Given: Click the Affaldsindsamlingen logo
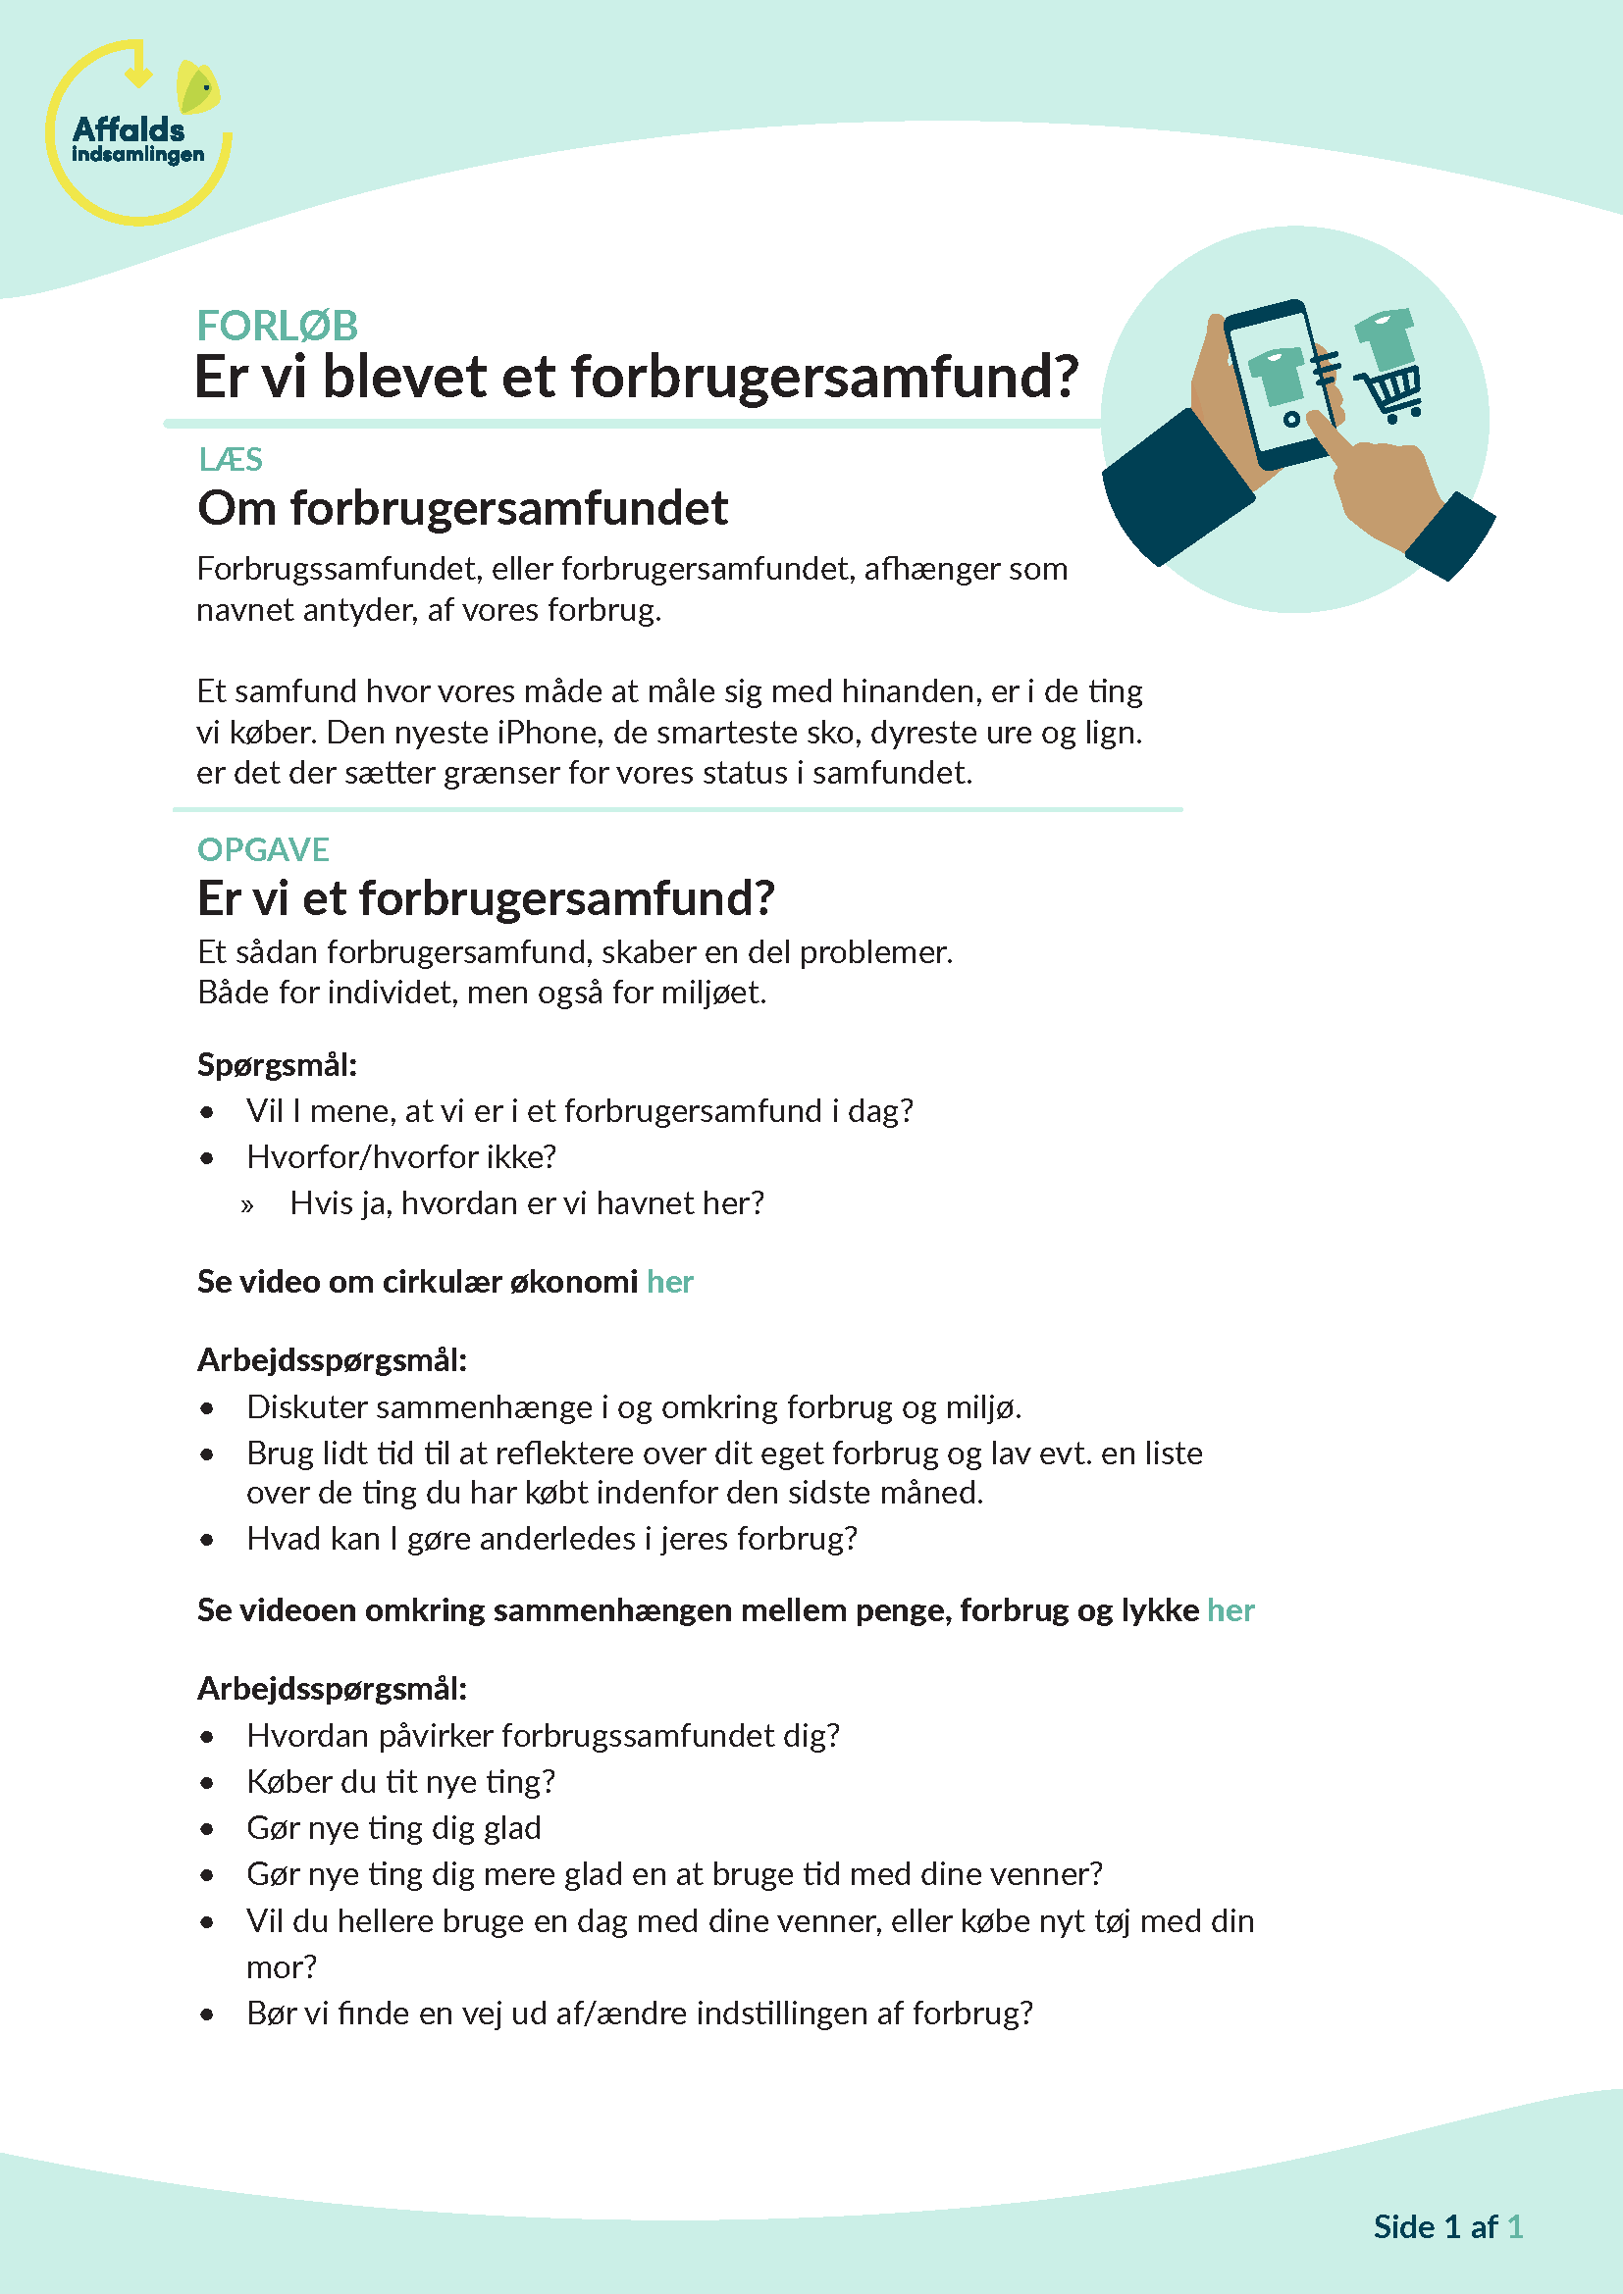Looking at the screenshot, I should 138,134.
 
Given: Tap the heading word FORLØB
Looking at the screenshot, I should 277,326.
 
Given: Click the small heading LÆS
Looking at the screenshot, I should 230,460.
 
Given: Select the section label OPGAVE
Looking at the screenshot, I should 263,849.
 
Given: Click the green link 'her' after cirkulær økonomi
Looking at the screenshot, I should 669,1281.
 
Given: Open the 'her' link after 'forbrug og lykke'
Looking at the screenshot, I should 1230,1609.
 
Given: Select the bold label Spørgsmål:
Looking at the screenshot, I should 277,1065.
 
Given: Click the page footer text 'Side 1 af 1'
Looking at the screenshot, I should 1447,2226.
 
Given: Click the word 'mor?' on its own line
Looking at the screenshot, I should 281,1966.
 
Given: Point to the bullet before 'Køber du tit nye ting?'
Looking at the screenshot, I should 207,1783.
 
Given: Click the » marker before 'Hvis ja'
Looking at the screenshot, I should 247,1206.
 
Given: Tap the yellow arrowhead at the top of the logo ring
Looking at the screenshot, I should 139,74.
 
